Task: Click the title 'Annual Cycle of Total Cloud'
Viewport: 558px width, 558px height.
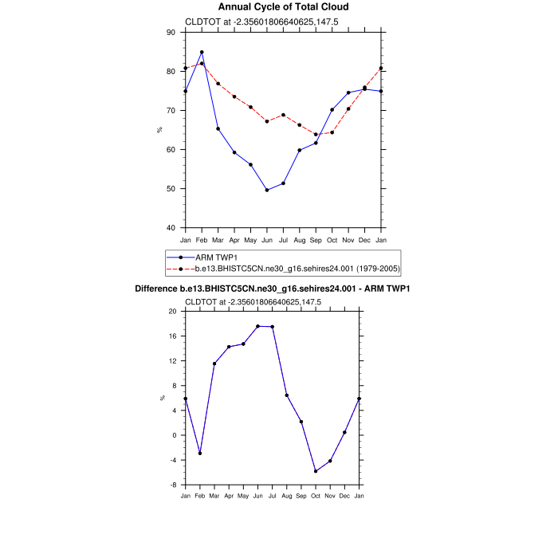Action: click(x=283, y=7)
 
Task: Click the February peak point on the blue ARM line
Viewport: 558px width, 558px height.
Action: click(x=202, y=53)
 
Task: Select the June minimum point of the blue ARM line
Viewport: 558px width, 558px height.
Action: click(x=267, y=190)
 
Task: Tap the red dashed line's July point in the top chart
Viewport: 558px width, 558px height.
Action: click(x=283, y=115)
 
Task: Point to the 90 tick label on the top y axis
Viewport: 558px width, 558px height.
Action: click(x=170, y=33)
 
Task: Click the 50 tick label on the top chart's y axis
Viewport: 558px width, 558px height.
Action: click(x=170, y=189)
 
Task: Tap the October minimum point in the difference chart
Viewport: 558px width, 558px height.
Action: click(x=316, y=471)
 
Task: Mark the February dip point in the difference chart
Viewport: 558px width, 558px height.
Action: click(x=200, y=454)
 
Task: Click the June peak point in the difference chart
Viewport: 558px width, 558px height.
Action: click(x=257, y=326)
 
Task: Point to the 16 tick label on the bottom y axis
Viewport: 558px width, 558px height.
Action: click(x=172, y=336)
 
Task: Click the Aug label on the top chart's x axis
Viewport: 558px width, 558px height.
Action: click(x=300, y=240)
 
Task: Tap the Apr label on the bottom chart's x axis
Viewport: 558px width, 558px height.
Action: click(x=229, y=497)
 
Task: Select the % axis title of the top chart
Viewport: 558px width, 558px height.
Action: click(x=160, y=130)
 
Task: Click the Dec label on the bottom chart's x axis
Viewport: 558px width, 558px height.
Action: click(x=344, y=497)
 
